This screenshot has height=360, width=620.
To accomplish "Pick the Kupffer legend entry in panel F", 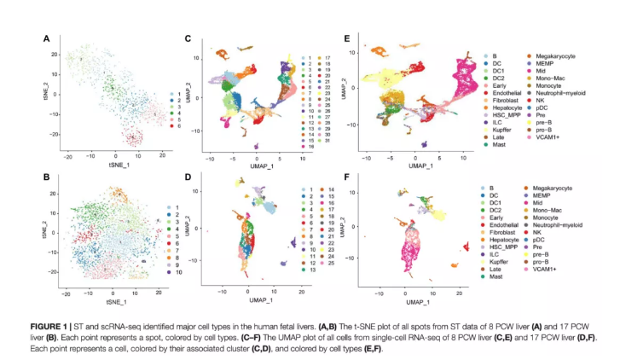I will pyautogui.click(x=501, y=265).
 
